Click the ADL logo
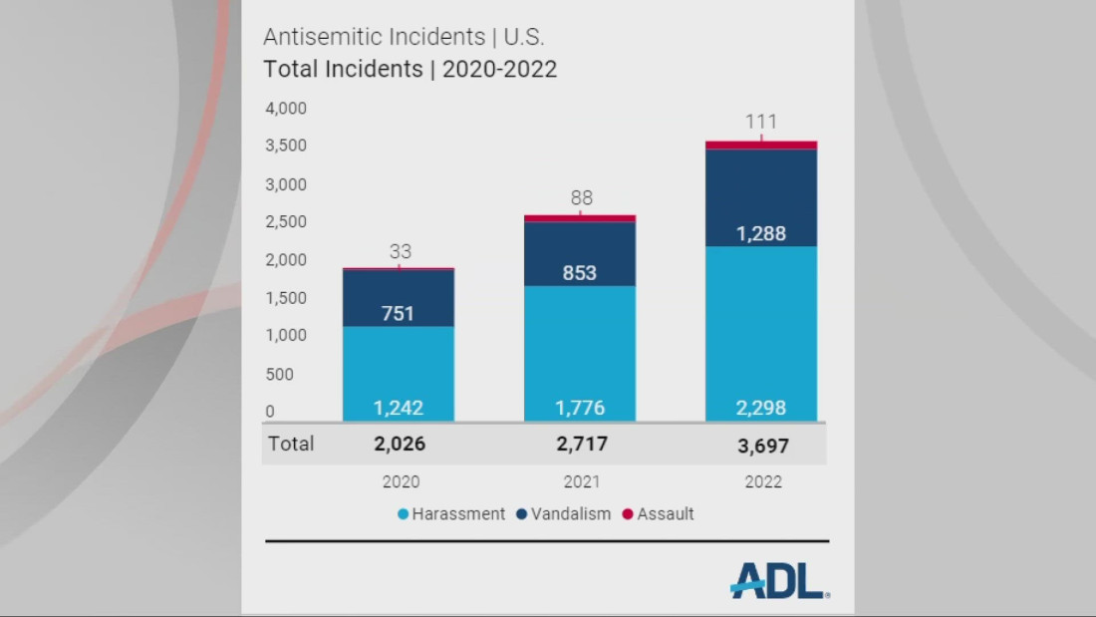(x=778, y=580)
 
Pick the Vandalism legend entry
(x=564, y=514)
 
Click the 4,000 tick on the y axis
(x=286, y=108)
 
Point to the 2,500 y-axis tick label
(x=286, y=222)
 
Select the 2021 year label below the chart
(x=582, y=482)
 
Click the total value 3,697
(x=762, y=445)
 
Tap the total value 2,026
(x=400, y=444)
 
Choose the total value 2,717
(x=581, y=444)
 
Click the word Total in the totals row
(x=290, y=444)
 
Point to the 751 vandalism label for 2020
(x=399, y=313)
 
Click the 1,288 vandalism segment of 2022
(x=761, y=234)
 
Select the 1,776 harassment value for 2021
(x=580, y=408)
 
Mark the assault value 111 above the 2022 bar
(x=761, y=122)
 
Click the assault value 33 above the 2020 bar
(x=400, y=252)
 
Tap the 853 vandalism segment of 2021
(x=580, y=272)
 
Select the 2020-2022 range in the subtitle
(x=499, y=70)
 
